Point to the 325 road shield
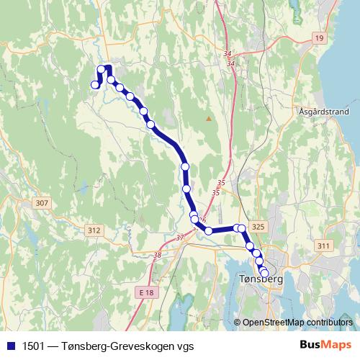259,227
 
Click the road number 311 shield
323,246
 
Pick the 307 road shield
42,203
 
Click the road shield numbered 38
158,254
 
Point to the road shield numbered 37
180,237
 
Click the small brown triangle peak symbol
209,118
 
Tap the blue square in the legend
10,343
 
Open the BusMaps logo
326,343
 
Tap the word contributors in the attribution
330,322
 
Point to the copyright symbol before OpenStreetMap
238,322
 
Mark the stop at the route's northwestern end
94,86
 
